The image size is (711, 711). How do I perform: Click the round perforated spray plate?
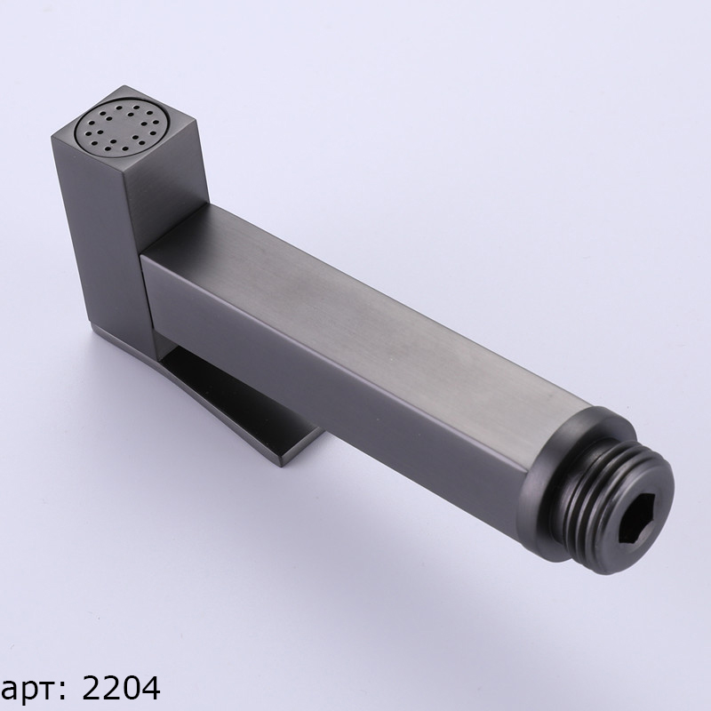124,127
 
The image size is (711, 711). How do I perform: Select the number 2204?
121,688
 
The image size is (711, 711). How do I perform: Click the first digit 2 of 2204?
92,688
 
